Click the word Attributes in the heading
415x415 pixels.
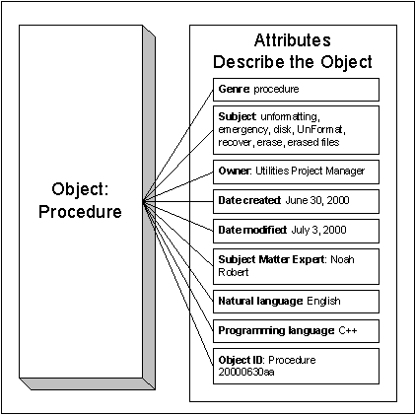[x=292, y=40]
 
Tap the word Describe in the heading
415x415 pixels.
[x=248, y=62]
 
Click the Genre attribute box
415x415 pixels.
[x=296, y=90]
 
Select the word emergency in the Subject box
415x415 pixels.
[x=242, y=130]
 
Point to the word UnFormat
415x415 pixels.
[x=320, y=129]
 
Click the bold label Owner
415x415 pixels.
[x=234, y=171]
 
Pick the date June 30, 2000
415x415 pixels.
[x=317, y=200]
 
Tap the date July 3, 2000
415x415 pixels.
[x=318, y=230]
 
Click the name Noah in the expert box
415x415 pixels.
[x=342, y=259]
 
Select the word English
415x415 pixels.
[x=323, y=301]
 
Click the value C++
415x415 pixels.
[x=348, y=330]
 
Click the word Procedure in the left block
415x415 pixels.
[x=80, y=211]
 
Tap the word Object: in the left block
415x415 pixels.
[x=80, y=189]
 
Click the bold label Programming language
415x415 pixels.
[x=276, y=330]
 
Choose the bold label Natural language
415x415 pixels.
[x=260, y=302]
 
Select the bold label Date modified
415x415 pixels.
[x=252, y=230]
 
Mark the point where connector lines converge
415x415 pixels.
[x=144, y=201]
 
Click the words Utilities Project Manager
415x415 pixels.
[x=310, y=172]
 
